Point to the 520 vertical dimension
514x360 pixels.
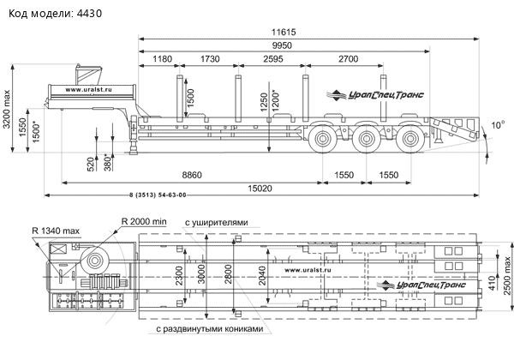92,164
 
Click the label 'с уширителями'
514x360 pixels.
218,222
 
